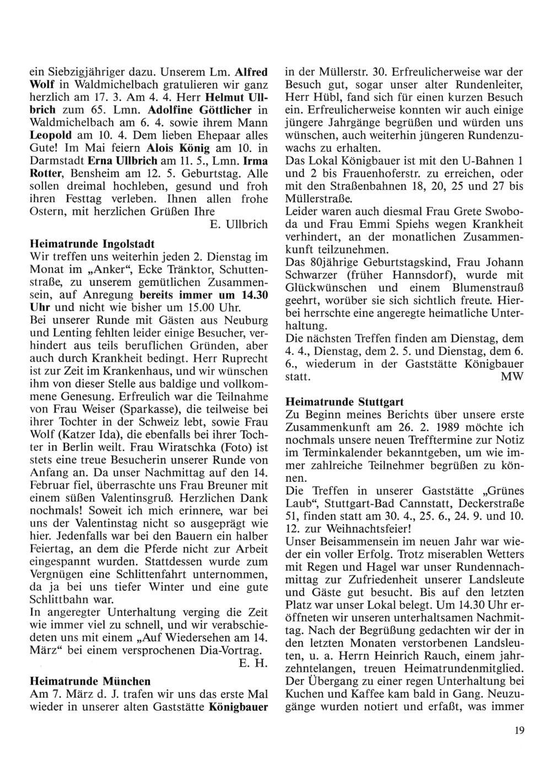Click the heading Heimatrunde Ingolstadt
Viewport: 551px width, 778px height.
91,243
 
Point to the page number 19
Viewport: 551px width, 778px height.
518,731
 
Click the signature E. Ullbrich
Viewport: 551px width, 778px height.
239,225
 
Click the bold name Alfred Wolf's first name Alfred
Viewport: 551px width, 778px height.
251,72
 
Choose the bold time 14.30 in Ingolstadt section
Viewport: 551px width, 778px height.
255,295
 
